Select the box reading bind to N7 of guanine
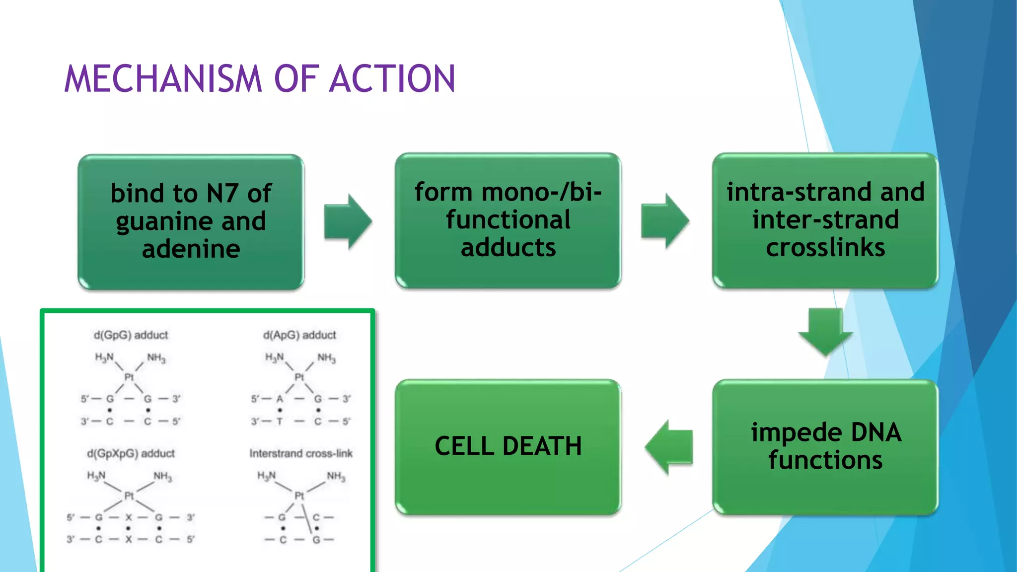tap(191, 221)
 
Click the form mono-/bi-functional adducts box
tap(508, 220)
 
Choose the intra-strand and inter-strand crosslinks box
tap(825, 220)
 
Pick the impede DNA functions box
tap(825, 446)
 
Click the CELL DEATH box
tap(508, 446)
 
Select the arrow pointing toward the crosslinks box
tap(665, 220)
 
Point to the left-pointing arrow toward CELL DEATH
tap(669, 446)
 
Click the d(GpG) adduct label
tap(131, 335)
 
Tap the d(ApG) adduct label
tap(299, 335)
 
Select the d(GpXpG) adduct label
tap(131, 453)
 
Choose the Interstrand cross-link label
tap(301, 453)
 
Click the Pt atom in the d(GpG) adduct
tap(129, 377)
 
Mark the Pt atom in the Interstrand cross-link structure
tap(299, 496)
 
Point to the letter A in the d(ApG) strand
tap(280, 399)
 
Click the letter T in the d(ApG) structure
tap(280, 422)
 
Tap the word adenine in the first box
tap(191, 249)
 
